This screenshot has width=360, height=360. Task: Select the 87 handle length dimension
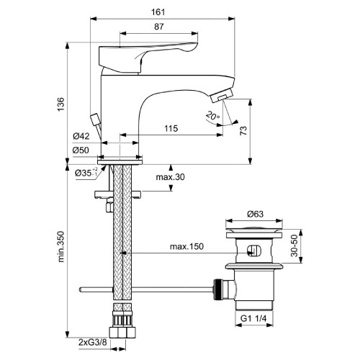click(x=151, y=26)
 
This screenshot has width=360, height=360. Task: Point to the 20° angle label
click(x=211, y=114)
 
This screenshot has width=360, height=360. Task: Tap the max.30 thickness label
click(x=171, y=178)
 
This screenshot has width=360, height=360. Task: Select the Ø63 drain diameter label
click(x=251, y=214)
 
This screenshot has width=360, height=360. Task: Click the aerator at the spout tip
click(x=223, y=96)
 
